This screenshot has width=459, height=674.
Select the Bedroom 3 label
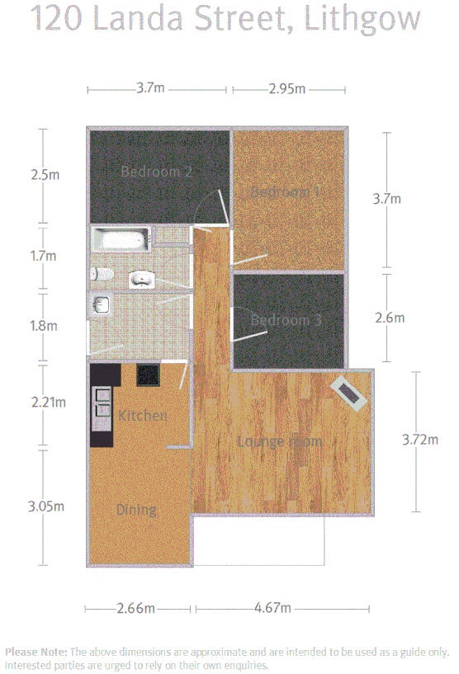tap(286, 320)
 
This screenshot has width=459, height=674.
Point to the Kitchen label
tap(143, 415)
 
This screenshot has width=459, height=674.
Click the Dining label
tap(136, 510)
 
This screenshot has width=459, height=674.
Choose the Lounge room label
tap(280, 441)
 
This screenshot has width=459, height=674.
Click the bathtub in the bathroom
tap(121, 240)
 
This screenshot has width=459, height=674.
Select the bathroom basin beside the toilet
tap(142, 279)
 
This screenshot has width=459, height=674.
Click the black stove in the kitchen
tap(149, 375)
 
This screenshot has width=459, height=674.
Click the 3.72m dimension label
tap(419, 440)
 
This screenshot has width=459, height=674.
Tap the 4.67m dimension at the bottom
tap(272, 609)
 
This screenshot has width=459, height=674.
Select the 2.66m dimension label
tap(137, 609)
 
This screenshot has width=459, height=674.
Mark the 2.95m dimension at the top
tap(287, 89)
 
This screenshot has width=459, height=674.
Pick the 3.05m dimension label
tap(45, 506)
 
